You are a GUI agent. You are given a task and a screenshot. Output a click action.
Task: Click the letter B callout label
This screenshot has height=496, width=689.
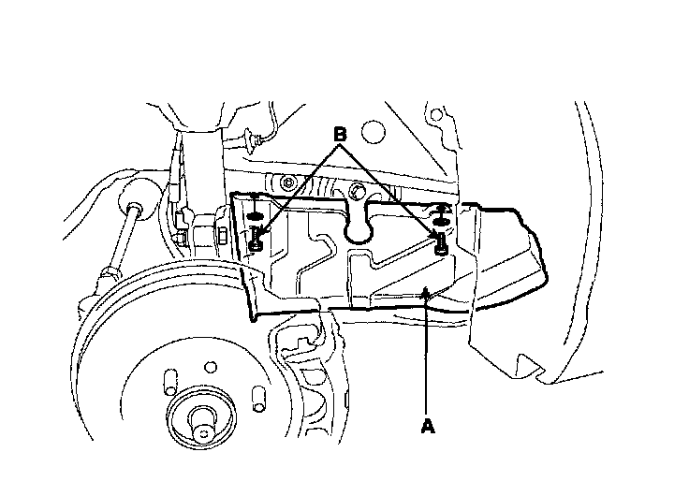[x=342, y=135]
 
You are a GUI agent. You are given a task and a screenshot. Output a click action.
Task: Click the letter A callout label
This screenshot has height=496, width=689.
[x=427, y=427]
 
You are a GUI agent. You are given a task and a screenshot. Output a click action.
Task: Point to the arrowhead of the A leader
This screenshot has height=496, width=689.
[x=427, y=296]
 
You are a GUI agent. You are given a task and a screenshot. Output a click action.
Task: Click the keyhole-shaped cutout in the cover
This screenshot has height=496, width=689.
[x=359, y=226]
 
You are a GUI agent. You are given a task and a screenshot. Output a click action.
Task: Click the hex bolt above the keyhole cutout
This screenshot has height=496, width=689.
[x=359, y=194]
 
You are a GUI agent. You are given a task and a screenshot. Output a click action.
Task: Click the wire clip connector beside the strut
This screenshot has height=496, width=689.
[x=251, y=141]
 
